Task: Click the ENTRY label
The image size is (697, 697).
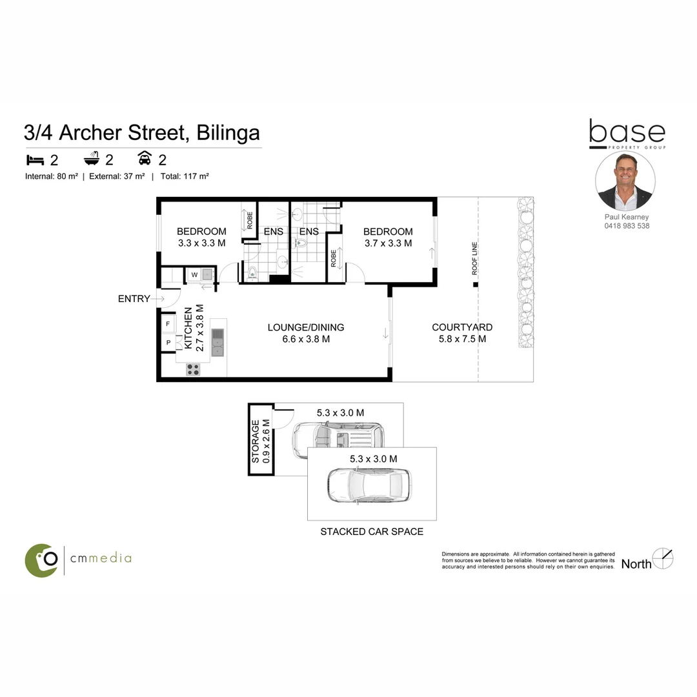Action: pyautogui.click(x=134, y=299)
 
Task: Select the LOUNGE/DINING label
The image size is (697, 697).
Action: pyautogui.click(x=306, y=327)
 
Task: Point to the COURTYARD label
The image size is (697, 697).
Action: pyautogui.click(x=462, y=327)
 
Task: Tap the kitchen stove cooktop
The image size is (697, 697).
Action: pyautogui.click(x=193, y=369)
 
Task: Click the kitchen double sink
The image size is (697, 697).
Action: pyautogui.click(x=217, y=342)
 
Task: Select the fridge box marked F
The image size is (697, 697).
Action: pyautogui.click(x=168, y=323)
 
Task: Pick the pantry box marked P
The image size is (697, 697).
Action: pyautogui.click(x=168, y=343)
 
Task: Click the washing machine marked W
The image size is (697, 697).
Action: pyautogui.click(x=194, y=275)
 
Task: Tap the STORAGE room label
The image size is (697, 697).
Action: pyautogui.click(x=256, y=441)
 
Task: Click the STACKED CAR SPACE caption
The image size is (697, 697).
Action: pyautogui.click(x=372, y=532)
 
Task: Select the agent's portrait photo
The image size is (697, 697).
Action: pyautogui.click(x=625, y=181)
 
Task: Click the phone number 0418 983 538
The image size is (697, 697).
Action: pyautogui.click(x=627, y=226)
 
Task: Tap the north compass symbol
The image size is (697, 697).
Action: pyautogui.click(x=663, y=558)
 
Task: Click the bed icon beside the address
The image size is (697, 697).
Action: pyautogui.click(x=34, y=159)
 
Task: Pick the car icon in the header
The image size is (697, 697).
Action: pyautogui.click(x=145, y=159)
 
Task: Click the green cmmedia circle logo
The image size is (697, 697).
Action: pyautogui.click(x=41, y=560)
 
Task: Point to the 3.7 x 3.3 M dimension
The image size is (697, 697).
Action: pyautogui.click(x=388, y=243)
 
